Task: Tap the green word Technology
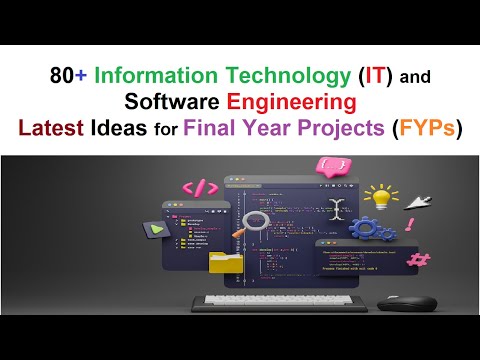(x=255, y=76)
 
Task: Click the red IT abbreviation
(x=338, y=76)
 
